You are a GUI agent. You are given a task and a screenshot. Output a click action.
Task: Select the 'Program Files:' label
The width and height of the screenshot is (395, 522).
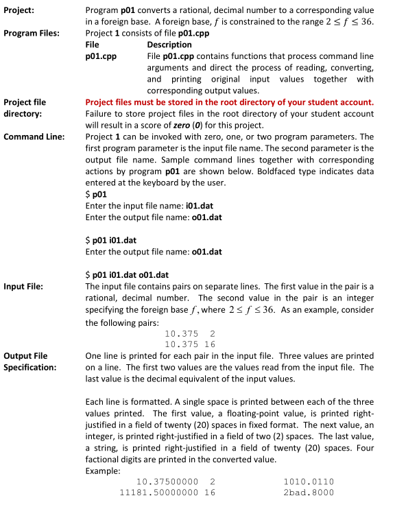[x=32, y=33]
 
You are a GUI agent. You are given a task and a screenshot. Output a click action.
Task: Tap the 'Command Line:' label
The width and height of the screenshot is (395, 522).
[x=34, y=137]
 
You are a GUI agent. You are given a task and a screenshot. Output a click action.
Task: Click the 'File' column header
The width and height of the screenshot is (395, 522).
[x=91, y=44]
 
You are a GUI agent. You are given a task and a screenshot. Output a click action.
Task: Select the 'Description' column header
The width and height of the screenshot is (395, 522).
[x=169, y=44]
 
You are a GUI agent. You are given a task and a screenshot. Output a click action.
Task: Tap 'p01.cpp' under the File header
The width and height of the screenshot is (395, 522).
[x=97, y=56]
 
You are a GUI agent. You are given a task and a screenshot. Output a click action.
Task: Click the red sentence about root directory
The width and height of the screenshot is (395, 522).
[x=229, y=102]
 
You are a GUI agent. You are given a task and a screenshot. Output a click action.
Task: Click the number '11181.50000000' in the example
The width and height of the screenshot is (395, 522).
[x=158, y=492]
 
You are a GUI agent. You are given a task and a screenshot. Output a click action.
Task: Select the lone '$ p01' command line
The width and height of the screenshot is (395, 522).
[x=96, y=194]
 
